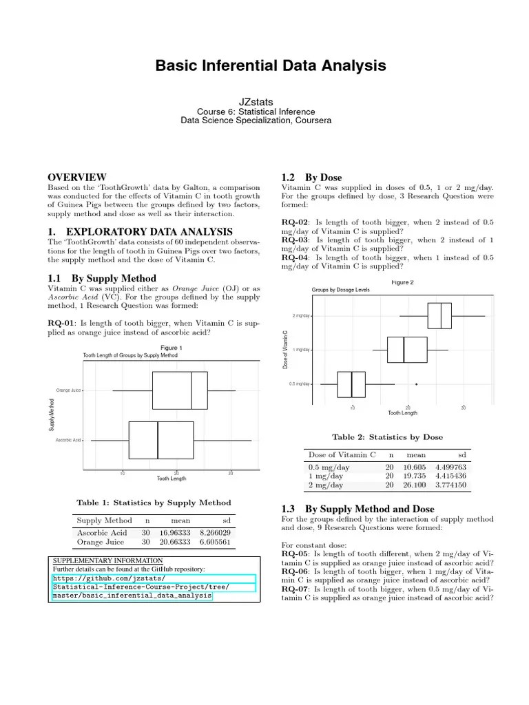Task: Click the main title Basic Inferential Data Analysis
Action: click(270, 66)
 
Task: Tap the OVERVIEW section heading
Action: click(76, 177)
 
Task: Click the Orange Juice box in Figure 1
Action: click(179, 390)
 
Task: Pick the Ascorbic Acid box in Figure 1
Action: click(161, 439)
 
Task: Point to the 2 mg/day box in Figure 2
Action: click(439, 315)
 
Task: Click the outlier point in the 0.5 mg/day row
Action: click(416, 383)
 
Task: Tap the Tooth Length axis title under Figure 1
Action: click(172, 478)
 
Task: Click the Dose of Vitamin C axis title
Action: click(285, 350)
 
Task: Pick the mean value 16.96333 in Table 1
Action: click(176, 533)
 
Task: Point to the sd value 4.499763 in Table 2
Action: click(451, 467)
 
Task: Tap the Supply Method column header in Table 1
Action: click(104, 520)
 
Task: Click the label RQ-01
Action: click(61, 322)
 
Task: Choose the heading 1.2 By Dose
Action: click(312, 178)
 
